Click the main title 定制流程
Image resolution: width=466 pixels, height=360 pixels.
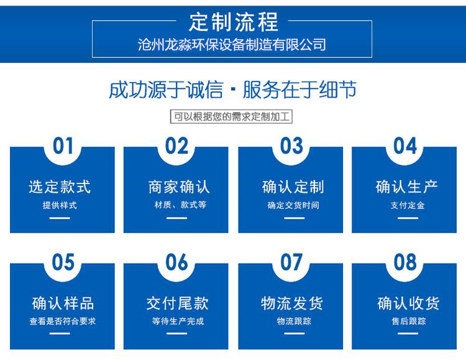(233, 22)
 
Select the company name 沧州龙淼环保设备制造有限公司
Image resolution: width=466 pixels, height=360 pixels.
(232, 45)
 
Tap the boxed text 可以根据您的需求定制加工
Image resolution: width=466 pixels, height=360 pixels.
(231, 116)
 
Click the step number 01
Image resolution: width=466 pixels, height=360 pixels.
(63, 145)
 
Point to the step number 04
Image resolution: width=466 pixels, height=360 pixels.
(405, 145)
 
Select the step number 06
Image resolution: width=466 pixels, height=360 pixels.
(177, 262)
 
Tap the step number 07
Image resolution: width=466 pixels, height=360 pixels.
(291, 262)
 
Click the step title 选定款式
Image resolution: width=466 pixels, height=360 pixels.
(60, 187)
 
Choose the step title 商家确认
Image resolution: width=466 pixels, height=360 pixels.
(179, 187)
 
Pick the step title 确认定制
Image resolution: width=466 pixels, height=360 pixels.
(293, 187)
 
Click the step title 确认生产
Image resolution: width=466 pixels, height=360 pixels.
(406, 187)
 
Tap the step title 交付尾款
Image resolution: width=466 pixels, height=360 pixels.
(178, 303)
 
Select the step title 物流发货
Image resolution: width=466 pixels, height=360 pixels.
(292, 303)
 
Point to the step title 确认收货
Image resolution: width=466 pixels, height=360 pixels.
(408, 303)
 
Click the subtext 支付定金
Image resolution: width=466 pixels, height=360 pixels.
(408, 205)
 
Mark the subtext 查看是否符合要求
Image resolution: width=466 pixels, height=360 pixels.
(63, 321)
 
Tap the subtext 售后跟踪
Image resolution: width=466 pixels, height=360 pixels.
(409, 321)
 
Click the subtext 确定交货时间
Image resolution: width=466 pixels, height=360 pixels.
(293, 205)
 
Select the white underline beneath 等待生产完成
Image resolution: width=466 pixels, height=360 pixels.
(176, 333)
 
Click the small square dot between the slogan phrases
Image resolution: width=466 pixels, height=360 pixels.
(233, 90)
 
